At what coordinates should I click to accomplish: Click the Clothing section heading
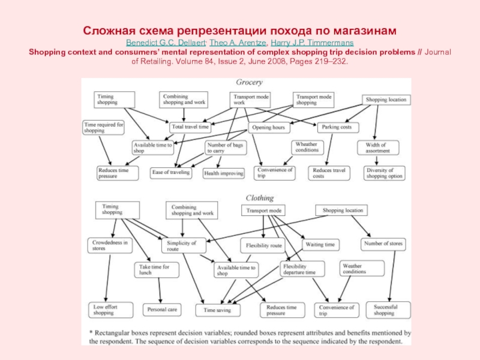tap(259, 197)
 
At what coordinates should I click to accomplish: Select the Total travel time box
tap(190, 127)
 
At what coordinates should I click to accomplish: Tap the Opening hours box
tap(268, 127)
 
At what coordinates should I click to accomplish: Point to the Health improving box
tap(224, 173)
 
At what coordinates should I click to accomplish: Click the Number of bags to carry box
tap(223, 148)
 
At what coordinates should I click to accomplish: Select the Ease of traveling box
tap(172, 173)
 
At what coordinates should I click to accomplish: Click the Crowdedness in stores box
tap(109, 245)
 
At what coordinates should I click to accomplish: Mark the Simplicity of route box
tap(181, 245)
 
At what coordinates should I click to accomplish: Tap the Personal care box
tap(161, 310)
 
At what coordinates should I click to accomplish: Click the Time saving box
tap(217, 310)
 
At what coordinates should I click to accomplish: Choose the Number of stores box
tap(383, 244)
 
